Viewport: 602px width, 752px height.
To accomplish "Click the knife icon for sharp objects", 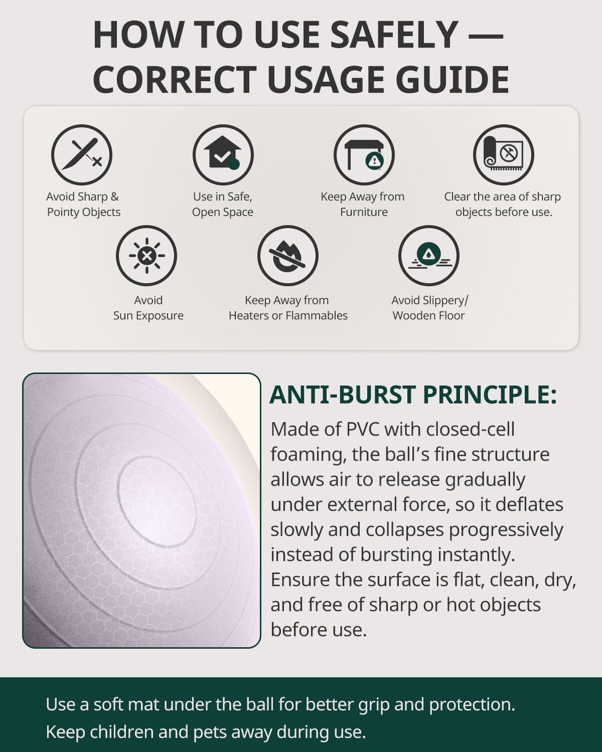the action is pyautogui.click(x=82, y=155).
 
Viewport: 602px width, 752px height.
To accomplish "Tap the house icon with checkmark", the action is pyautogui.click(x=223, y=155).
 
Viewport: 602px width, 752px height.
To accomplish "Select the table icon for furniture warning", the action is pyautogui.click(x=364, y=155).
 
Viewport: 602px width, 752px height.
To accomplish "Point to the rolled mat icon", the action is pyautogui.click(x=504, y=155).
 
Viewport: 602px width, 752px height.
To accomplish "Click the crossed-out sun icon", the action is pyautogui.click(x=146, y=256).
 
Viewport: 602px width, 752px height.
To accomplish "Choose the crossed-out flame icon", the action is pyautogui.click(x=288, y=256).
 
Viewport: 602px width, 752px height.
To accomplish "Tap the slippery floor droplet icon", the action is pyautogui.click(x=429, y=256).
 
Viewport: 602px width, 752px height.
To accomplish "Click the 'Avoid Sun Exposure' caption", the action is pyautogui.click(x=148, y=308).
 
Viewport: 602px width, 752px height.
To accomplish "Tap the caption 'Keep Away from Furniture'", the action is pyautogui.click(x=363, y=204).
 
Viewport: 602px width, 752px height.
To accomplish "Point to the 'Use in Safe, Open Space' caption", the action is pyautogui.click(x=223, y=204).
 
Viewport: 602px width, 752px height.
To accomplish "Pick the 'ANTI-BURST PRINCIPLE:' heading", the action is pyautogui.click(x=413, y=395).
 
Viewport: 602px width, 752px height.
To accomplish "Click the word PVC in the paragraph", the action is pyautogui.click(x=363, y=429).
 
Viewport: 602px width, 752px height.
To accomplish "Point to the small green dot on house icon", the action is pyautogui.click(x=234, y=164).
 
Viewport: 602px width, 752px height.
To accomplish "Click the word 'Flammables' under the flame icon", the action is pyautogui.click(x=317, y=315).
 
